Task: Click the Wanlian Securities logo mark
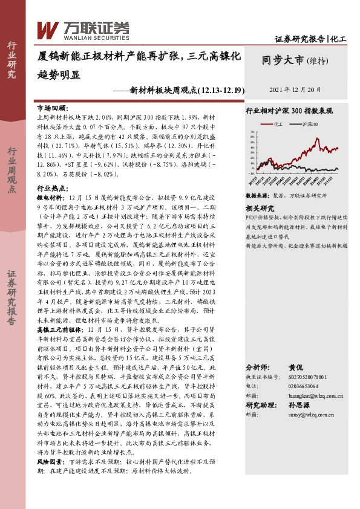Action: (x=48, y=28)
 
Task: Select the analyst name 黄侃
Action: (x=295, y=367)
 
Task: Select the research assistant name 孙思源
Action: (x=302, y=406)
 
